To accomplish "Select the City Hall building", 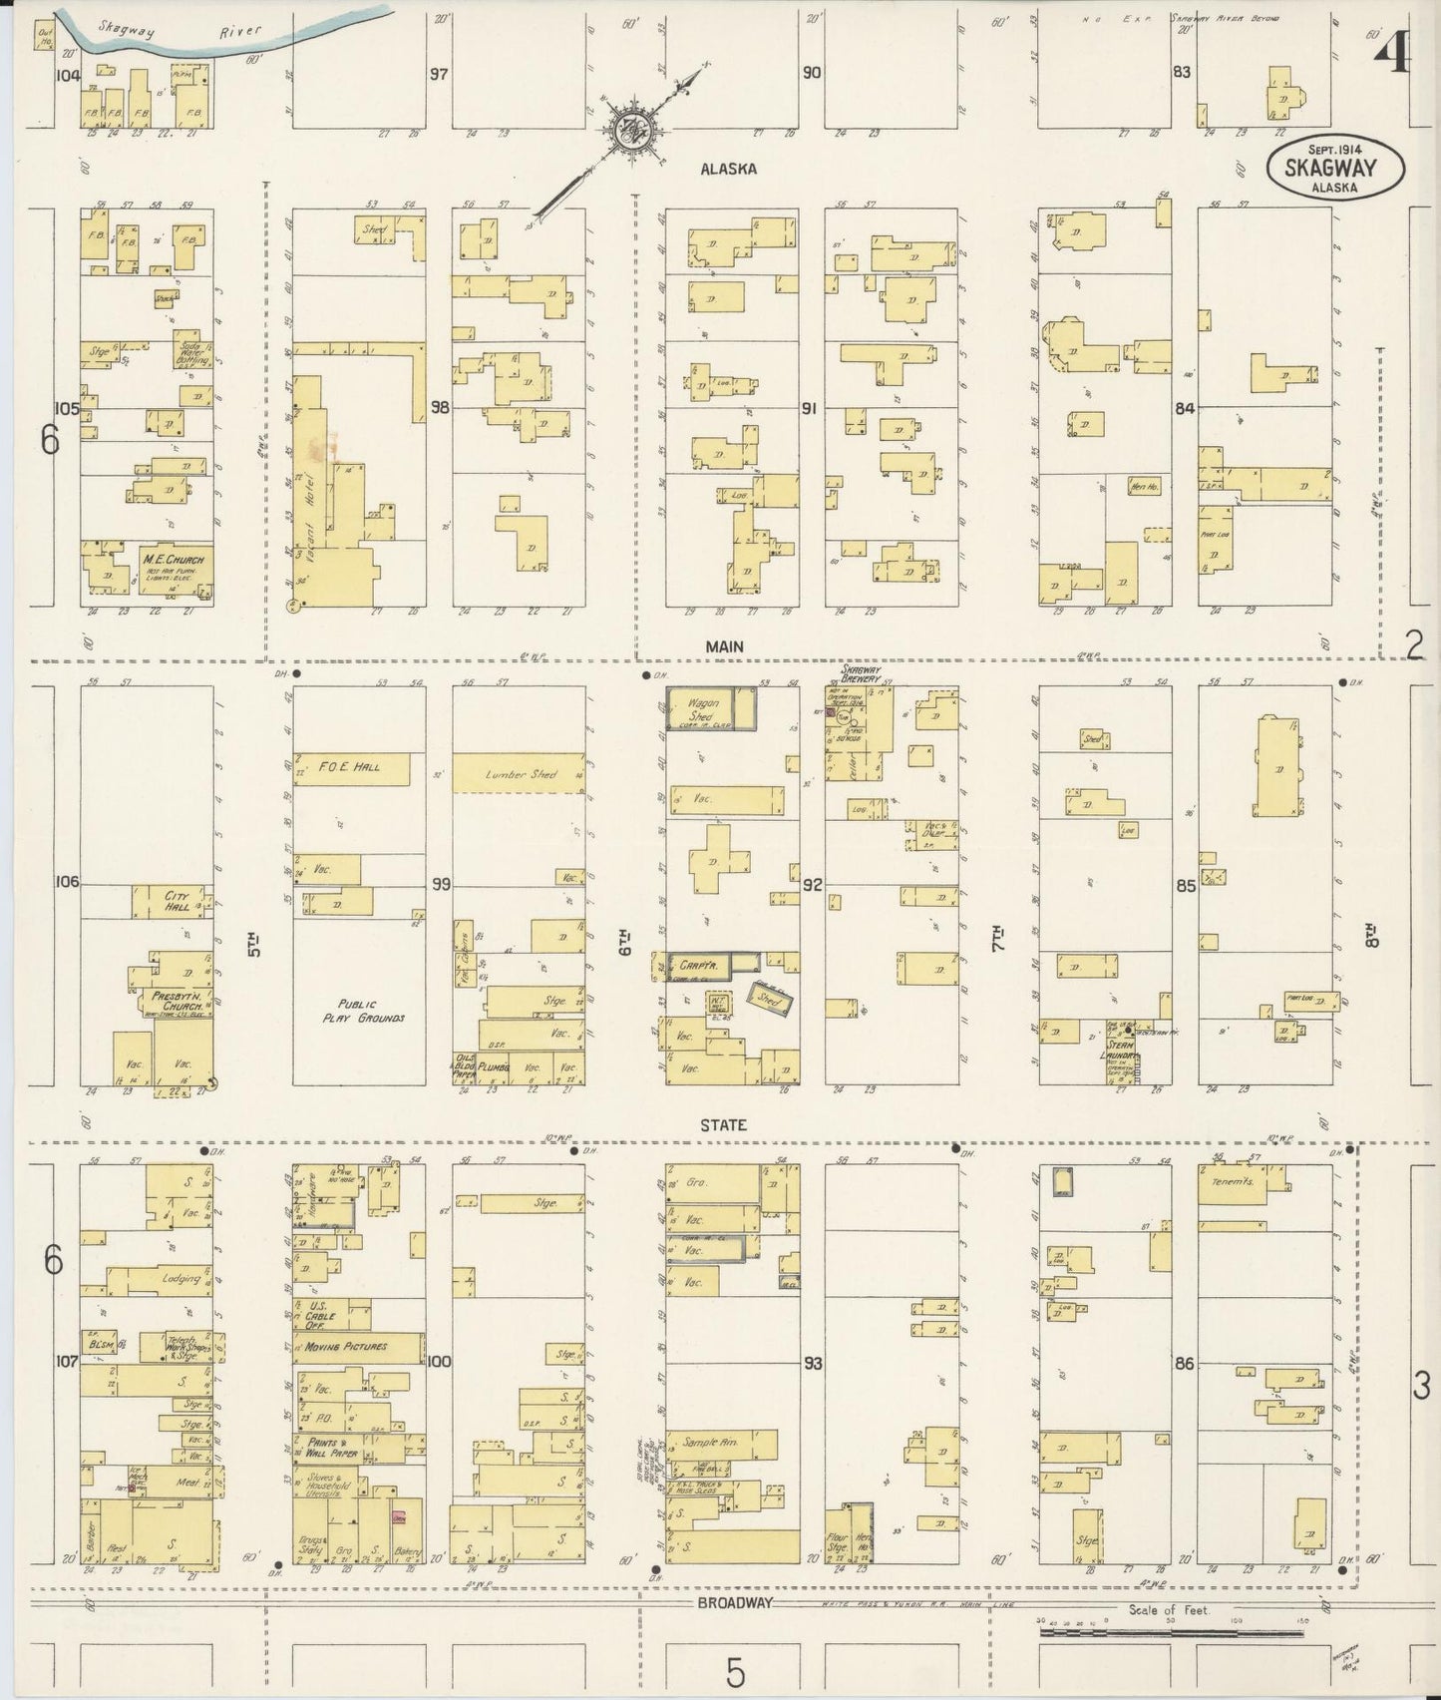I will pyautogui.click(x=176, y=902).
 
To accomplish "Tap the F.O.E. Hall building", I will pyautogui.click(x=351, y=767).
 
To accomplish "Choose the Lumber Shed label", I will pyautogui.click(x=519, y=774).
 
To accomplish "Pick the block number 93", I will pyautogui.click(x=813, y=1363).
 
